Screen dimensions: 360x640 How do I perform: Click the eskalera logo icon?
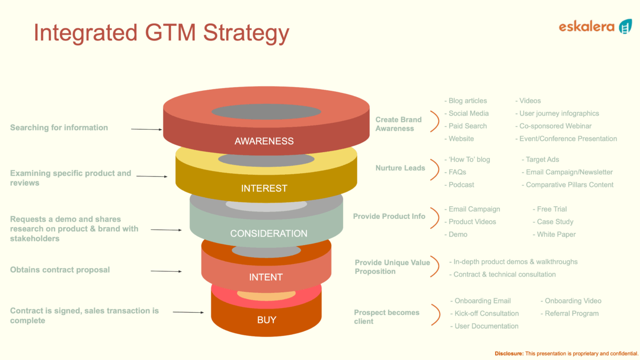coord(625,26)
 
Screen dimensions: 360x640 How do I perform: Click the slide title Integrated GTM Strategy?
coord(161,33)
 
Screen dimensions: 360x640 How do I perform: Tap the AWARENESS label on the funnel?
coord(264,141)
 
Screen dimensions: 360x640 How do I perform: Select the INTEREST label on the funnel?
coord(264,188)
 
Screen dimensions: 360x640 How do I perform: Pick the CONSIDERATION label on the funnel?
coord(269,234)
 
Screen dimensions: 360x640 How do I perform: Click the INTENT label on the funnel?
coord(266,277)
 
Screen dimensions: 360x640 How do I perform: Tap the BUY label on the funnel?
coord(266,320)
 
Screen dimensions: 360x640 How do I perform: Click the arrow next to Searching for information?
coord(146,129)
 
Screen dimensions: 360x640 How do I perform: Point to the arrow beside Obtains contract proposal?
coord(166,271)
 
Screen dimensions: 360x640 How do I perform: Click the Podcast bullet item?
coord(461,185)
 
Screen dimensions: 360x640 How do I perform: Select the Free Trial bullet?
coord(551,209)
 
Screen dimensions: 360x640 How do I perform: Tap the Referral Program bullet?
coord(571,313)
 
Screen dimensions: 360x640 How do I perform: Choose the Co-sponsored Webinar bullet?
coord(555,126)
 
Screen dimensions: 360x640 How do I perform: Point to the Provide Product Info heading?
coord(389,216)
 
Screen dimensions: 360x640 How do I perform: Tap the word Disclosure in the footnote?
coord(509,354)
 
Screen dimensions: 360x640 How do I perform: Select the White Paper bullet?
coord(556,235)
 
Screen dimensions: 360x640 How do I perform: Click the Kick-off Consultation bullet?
coord(486,313)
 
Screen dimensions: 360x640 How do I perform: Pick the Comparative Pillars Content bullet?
coord(569,185)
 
